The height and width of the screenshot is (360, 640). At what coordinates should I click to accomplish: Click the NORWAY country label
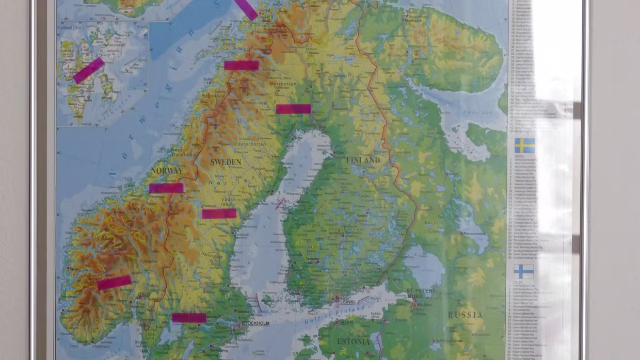pyautogui.click(x=166, y=171)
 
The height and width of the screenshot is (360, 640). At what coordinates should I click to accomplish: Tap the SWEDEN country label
pyautogui.click(x=226, y=162)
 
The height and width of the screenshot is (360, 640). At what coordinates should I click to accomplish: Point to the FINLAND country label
pyautogui.click(x=363, y=160)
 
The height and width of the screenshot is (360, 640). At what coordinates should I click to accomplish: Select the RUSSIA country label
pyautogui.click(x=465, y=315)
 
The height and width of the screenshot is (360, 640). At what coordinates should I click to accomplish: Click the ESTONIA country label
pyautogui.click(x=354, y=341)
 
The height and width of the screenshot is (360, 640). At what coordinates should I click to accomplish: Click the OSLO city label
pyautogui.click(x=144, y=294)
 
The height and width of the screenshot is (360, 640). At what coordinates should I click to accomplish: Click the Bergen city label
pyautogui.click(x=73, y=269)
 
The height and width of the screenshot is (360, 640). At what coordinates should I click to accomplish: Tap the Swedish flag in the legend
pyautogui.click(x=524, y=145)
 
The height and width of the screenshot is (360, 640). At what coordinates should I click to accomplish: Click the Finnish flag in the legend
pyautogui.click(x=523, y=271)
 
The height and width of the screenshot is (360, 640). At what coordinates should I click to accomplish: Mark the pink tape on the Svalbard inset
pyautogui.click(x=88, y=70)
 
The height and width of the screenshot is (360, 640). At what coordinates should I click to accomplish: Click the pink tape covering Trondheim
pyautogui.click(x=166, y=188)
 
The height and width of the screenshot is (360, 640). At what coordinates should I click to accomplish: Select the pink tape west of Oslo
pyautogui.click(x=114, y=282)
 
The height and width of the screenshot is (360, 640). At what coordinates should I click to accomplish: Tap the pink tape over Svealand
pyautogui.click(x=189, y=318)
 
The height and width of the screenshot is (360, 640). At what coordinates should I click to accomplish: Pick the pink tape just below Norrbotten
pyautogui.click(x=293, y=109)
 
